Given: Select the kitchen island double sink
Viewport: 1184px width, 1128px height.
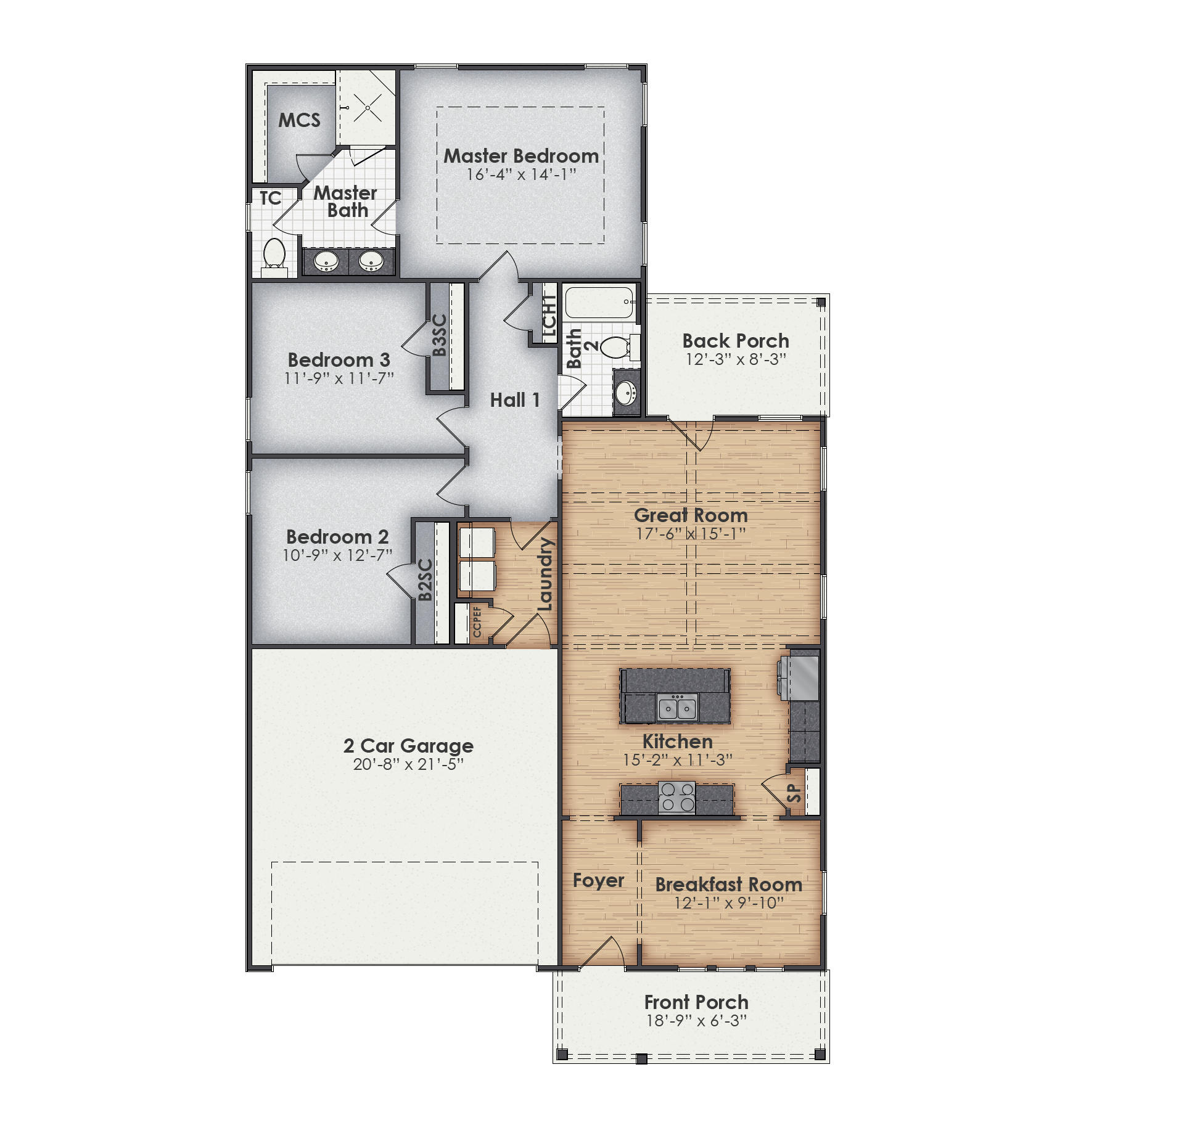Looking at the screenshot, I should point(677,707).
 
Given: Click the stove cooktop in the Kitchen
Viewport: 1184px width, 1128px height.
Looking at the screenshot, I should point(676,797).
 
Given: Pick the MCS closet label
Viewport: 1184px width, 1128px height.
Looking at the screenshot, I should point(299,120).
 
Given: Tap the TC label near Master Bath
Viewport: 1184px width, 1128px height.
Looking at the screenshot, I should point(270,198).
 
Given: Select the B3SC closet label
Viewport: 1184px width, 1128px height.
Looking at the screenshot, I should point(439,335).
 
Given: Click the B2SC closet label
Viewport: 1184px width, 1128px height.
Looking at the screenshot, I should point(425,580).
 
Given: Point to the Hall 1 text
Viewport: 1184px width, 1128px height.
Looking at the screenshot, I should point(514,400).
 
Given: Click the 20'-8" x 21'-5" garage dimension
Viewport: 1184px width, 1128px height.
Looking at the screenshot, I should point(408,764).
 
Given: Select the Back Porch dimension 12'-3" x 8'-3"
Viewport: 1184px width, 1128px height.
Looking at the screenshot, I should point(736,359).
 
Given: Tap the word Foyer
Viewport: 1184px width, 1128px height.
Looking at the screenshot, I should point(598,880).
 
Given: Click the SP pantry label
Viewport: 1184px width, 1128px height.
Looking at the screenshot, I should point(794,793).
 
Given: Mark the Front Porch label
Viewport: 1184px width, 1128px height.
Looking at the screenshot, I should point(696,1002).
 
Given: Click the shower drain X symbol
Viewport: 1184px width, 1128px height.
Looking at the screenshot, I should point(368,108).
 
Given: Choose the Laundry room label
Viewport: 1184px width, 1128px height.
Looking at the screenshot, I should point(545,574).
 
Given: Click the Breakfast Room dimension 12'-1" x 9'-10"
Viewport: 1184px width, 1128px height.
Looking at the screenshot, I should point(728,903).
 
